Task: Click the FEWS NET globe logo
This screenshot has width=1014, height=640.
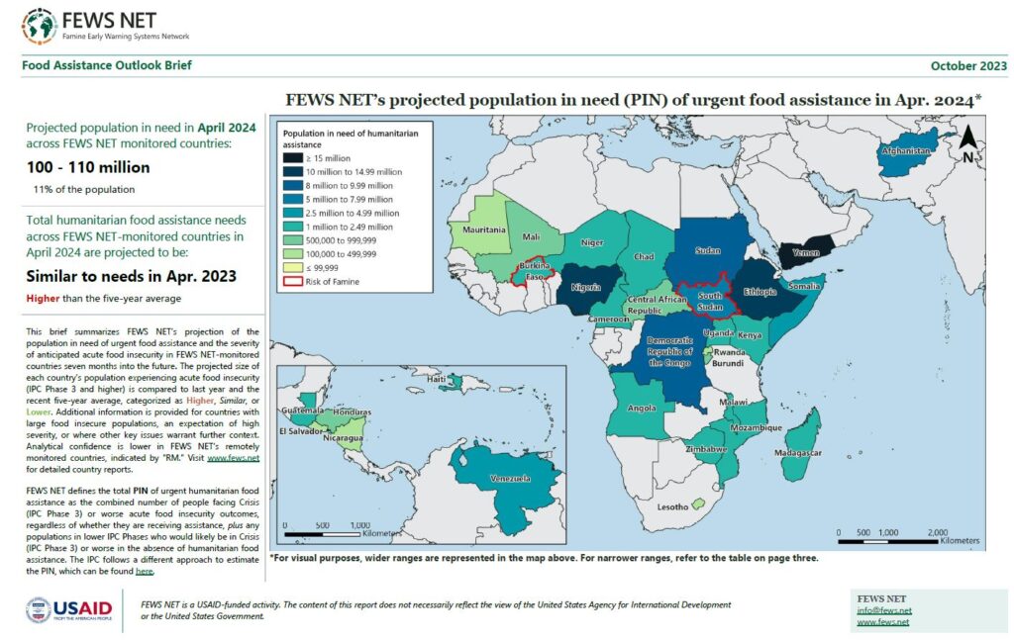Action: pos(40,26)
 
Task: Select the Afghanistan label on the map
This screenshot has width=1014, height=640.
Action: pos(905,151)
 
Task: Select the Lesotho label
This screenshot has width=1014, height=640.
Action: pos(672,507)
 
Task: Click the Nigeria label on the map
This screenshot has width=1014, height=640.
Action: pos(586,290)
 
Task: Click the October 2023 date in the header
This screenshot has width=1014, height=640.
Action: pos(967,66)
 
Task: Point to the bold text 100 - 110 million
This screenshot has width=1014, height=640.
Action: pos(88,167)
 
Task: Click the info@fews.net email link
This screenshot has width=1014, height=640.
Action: pos(883,610)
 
